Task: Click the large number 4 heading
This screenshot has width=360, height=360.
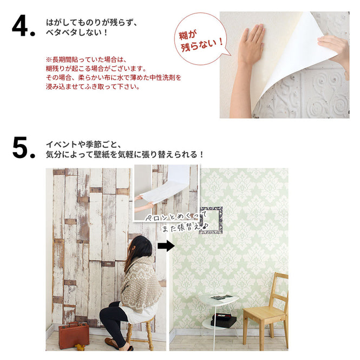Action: coord(23,27)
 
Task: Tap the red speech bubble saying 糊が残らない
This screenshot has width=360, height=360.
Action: coord(200,38)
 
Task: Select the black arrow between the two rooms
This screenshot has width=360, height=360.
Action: coord(166,246)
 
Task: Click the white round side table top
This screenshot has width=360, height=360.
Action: coord(218,299)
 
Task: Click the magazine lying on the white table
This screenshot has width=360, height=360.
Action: coord(221,297)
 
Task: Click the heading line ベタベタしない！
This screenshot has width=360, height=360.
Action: coord(77,32)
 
